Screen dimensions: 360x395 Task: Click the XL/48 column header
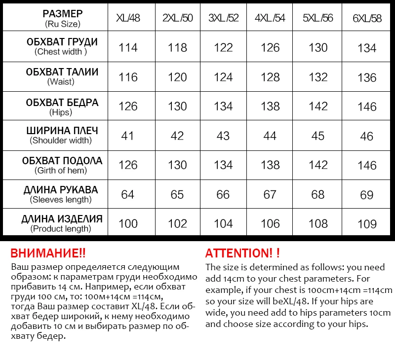(128, 18)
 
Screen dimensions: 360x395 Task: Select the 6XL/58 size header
(367, 19)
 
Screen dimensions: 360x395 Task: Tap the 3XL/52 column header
(223, 18)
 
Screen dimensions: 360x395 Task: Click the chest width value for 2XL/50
(177, 48)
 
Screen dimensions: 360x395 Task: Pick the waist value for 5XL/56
(318, 77)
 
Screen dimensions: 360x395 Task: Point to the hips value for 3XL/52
(223, 107)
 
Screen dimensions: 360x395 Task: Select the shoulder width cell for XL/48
(127, 136)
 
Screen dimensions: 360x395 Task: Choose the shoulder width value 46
(367, 136)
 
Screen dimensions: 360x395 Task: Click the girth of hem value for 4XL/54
(270, 165)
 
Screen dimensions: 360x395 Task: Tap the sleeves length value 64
(127, 194)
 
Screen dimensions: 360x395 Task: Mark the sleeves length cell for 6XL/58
(367, 195)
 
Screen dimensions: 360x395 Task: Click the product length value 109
(367, 224)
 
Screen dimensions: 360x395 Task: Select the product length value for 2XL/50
(177, 223)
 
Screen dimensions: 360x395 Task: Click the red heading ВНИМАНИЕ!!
(48, 253)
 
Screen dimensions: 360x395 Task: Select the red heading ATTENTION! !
(242, 253)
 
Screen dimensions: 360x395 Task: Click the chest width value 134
(367, 48)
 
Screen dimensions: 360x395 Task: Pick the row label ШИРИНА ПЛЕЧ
(62, 131)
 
